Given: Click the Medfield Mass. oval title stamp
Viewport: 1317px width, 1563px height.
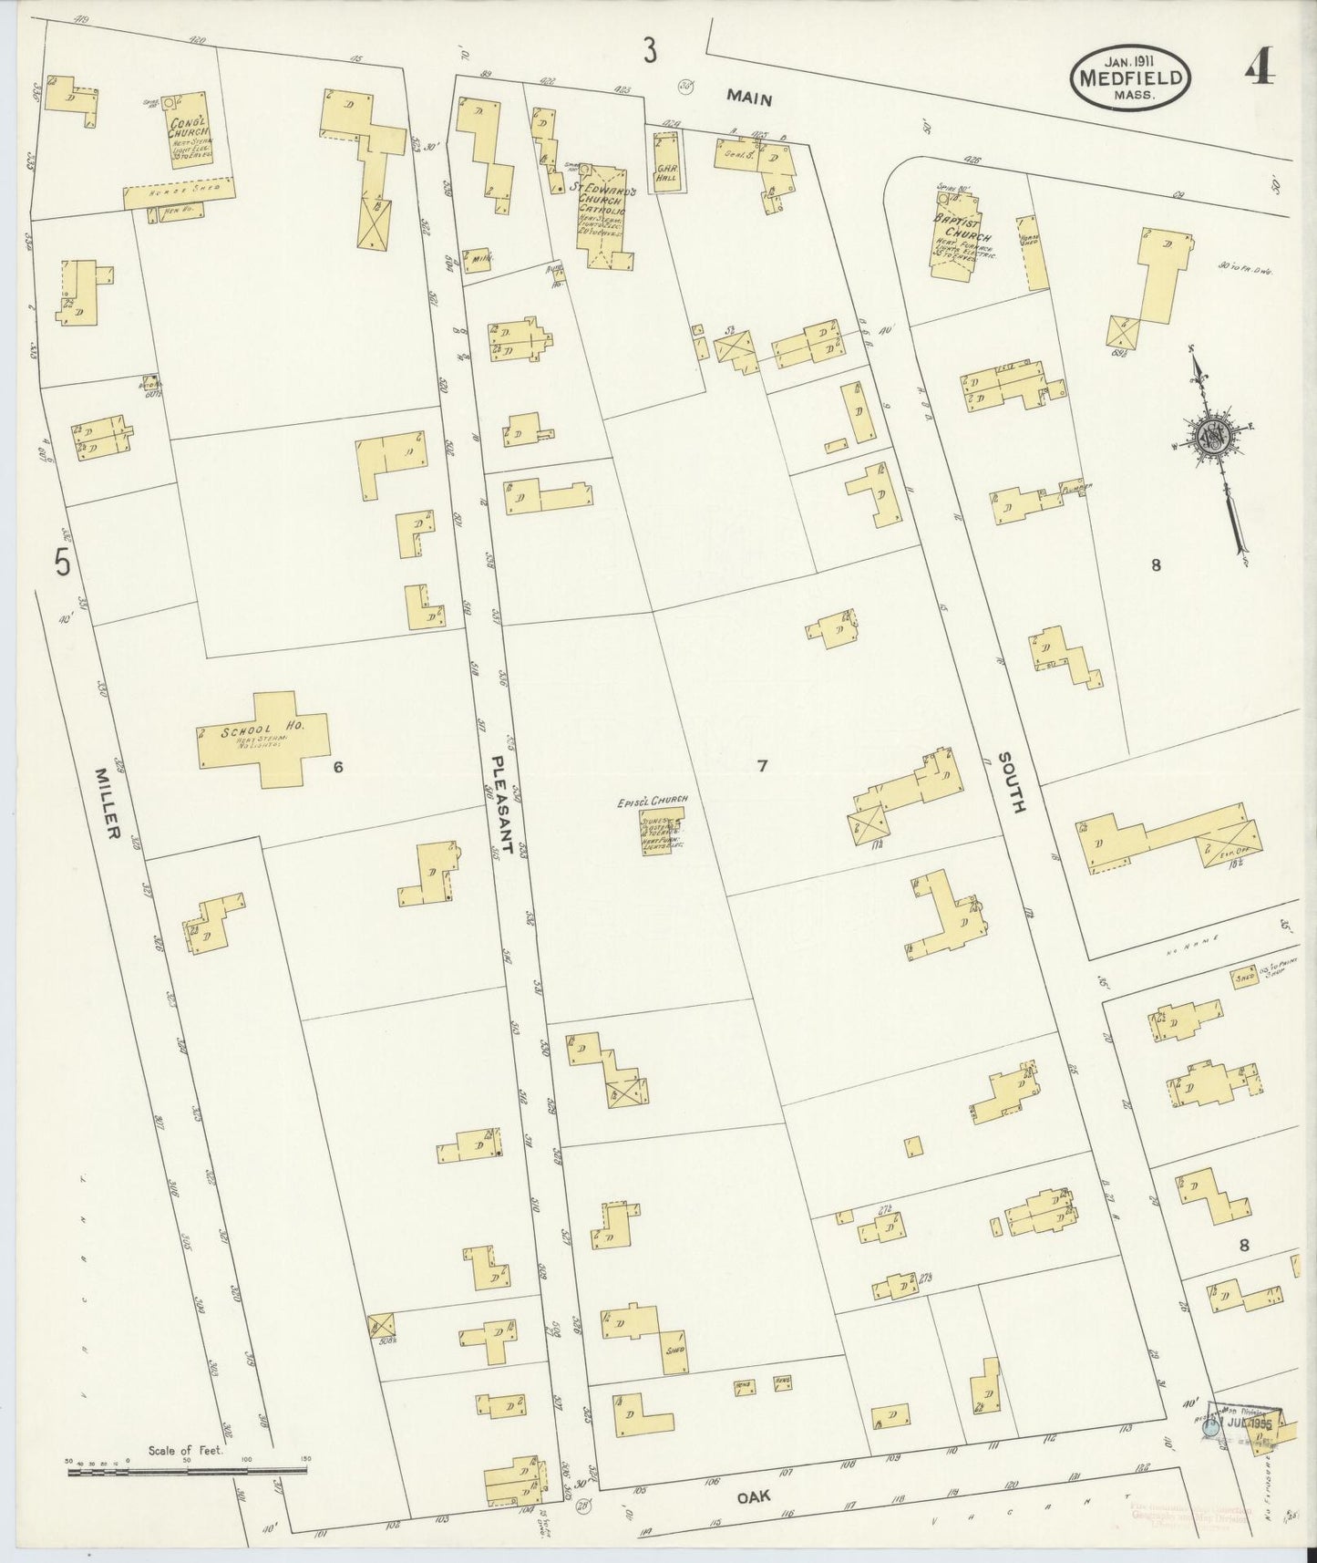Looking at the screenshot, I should pyautogui.click(x=1130, y=78).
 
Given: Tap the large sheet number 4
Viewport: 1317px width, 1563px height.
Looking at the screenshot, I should pyautogui.click(x=1259, y=66).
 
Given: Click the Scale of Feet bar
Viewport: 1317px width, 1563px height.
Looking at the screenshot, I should pyautogui.click(x=187, y=1467).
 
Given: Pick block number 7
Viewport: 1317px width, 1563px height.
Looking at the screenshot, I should pyautogui.click(x=762, y=766).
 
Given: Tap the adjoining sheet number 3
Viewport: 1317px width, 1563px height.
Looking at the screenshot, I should pyautogui.click(x=649, y=51).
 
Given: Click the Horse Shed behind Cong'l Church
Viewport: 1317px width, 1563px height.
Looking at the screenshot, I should pyautogui.click(x=180, y=190).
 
